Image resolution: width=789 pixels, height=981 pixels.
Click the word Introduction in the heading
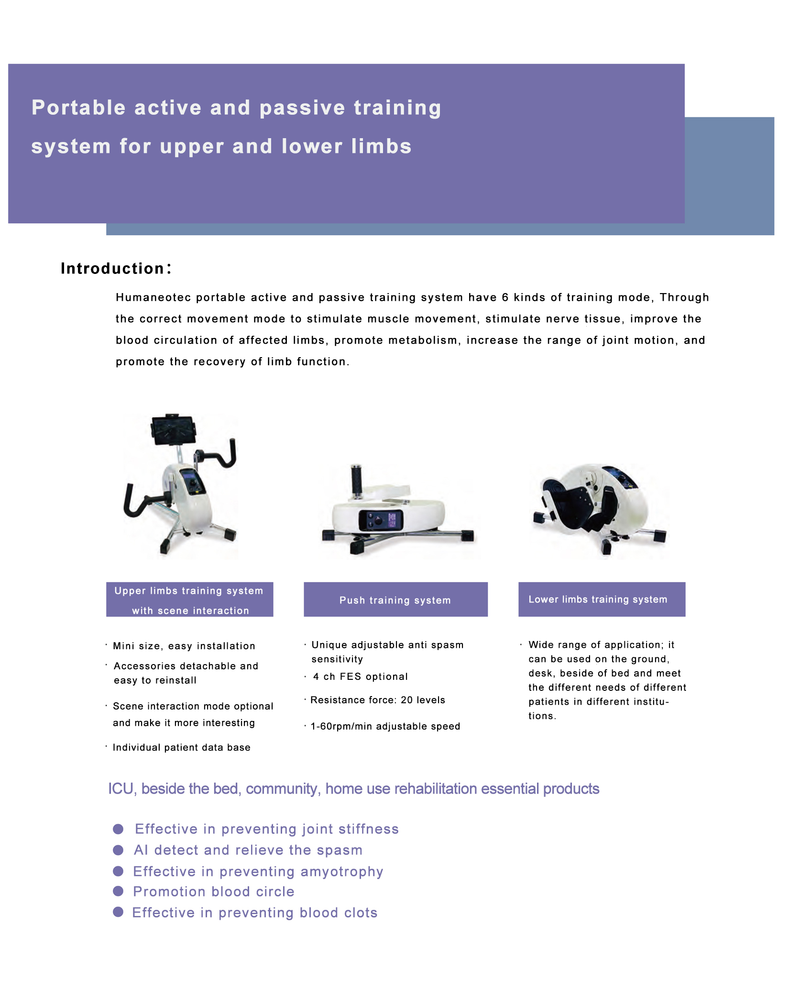click(113, 269)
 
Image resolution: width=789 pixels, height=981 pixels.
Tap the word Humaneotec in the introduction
click(153, 297)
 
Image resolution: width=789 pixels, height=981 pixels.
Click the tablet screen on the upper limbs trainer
click(174, 429)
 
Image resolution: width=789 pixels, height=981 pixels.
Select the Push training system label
click(395, 600)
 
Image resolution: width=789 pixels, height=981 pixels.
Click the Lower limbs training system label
click(602, 599)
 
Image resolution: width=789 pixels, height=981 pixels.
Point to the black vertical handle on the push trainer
click(356, 480)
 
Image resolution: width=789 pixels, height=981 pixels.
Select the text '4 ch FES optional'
click(361, 676)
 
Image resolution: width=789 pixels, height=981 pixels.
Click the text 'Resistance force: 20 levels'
click(378, 700)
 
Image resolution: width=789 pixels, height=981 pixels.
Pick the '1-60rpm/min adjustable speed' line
click(385, 726)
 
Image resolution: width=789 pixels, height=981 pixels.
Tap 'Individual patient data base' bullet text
click(182, 747)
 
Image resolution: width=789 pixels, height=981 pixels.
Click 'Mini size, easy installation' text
click(184, 646)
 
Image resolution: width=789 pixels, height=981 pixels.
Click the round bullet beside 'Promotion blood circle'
click(118, 891)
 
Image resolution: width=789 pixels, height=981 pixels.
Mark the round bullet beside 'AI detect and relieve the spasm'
click(118, 850)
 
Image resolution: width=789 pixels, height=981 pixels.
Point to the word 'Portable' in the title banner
click(78, 108)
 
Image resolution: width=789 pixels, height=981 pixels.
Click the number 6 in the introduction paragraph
click(505, 297)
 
